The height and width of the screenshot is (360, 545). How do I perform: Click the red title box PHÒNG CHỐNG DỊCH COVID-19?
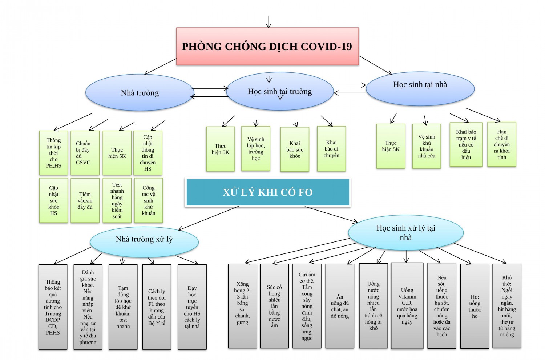[x=267, y=46]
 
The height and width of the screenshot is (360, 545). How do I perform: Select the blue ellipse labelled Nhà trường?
[x=140, y=93]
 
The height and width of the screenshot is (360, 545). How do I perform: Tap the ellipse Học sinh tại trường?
[x=280, y=91]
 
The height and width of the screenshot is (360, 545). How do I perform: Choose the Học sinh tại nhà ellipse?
[x=420, y=87]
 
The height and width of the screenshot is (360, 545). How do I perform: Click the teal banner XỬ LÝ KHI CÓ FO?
[x=268, y=192]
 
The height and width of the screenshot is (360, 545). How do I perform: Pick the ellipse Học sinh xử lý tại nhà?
[x=405, y=232]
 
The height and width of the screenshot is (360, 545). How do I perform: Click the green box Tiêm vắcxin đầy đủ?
[x=85, y=200]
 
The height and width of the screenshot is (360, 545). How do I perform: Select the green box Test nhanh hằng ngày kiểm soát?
[x=117, y=200]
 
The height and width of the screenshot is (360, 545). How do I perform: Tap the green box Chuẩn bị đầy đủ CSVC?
[x=85, y=153]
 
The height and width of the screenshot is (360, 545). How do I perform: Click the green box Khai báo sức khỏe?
[x=295, y=149]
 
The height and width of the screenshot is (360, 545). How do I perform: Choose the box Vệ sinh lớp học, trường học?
[x=256, y=148]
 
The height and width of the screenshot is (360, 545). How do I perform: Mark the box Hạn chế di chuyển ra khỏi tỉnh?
[x=501, y=144]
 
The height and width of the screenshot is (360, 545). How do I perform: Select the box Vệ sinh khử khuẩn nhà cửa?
[x=427, y=146]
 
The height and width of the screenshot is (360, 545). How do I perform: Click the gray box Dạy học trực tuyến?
[x=192, y=307]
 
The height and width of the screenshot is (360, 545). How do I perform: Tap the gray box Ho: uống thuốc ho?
[x=475, y=307]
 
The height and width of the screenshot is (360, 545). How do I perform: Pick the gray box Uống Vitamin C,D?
[x=407, y=306]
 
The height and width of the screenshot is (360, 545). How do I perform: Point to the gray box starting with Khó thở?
[x=506, y=306]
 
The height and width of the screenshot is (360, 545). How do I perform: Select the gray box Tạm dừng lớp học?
[x=123, y=307]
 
